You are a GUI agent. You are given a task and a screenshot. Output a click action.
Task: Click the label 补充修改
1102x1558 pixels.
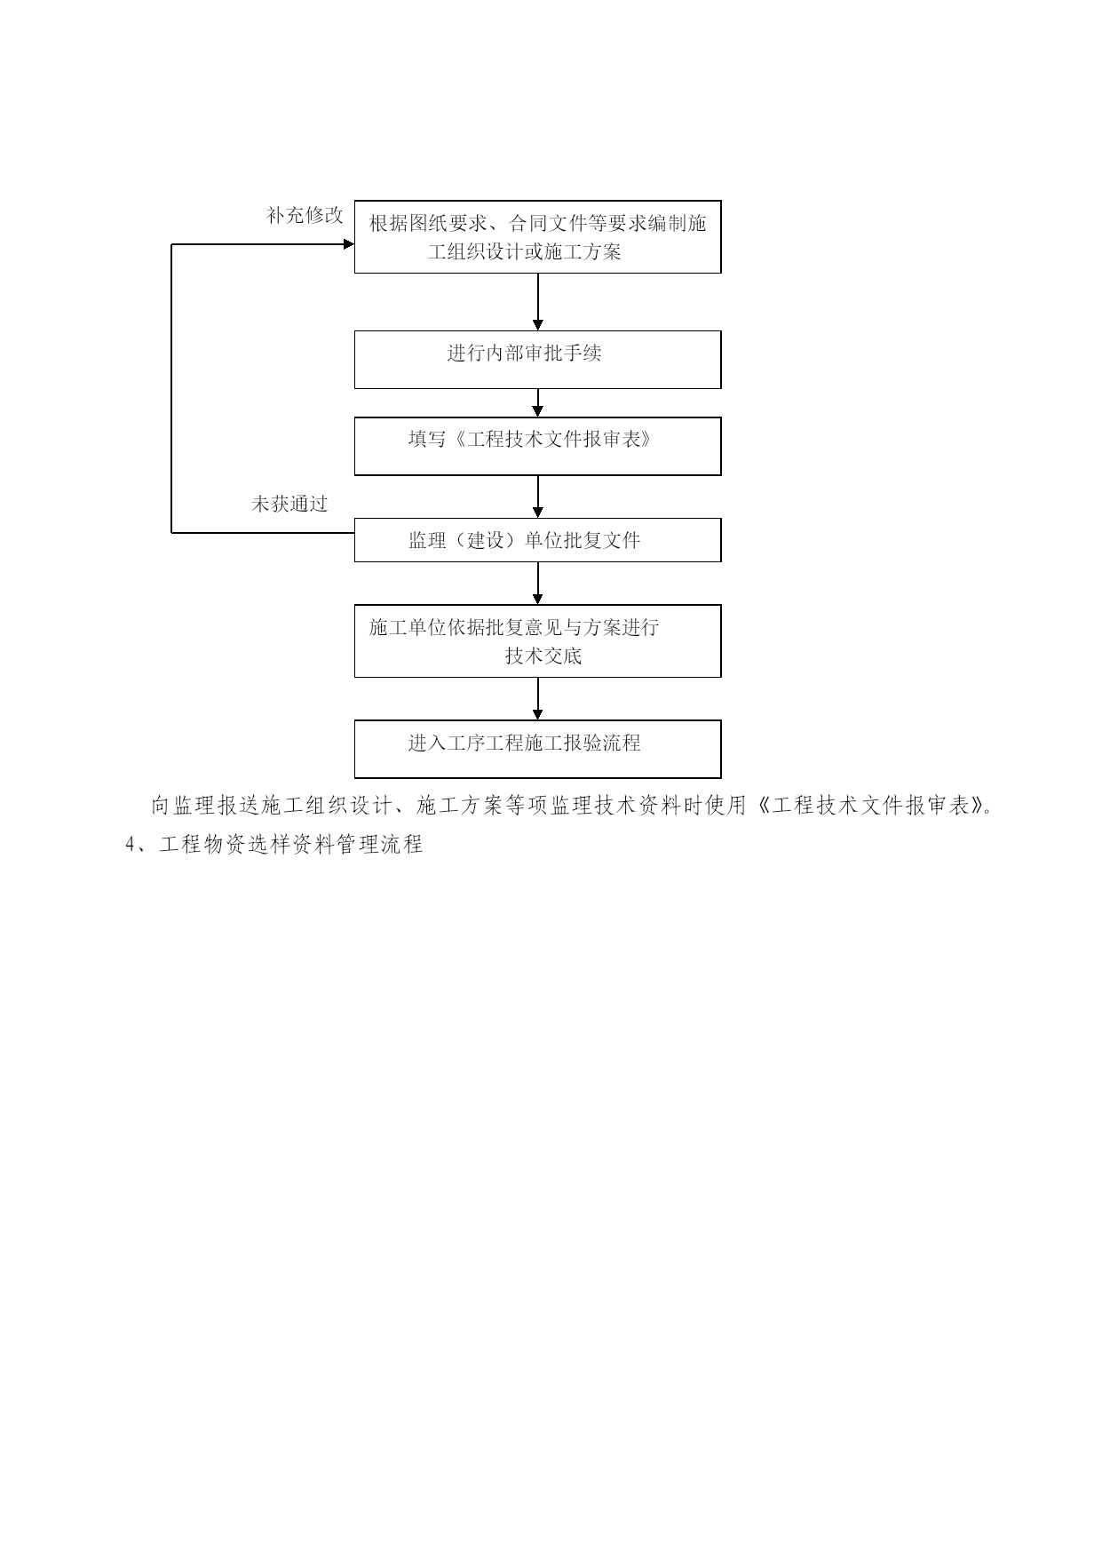point(305,216)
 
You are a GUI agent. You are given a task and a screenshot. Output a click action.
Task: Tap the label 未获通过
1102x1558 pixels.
point(289,505)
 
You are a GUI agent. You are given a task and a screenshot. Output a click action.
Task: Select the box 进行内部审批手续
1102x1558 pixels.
point(537,360)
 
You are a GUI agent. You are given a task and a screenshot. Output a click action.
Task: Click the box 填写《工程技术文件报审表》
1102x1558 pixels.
point(537,446)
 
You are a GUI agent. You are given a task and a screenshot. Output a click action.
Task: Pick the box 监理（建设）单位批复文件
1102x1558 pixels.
point(537,540)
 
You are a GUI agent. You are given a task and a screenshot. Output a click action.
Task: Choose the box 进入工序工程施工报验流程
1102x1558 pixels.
point(537,749)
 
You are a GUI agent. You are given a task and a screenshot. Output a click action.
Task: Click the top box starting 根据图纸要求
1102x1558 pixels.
point(537,236)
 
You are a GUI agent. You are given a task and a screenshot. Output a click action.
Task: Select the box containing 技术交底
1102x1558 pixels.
point(537,640)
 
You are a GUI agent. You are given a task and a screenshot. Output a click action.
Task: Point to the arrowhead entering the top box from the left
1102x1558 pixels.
point(349,244)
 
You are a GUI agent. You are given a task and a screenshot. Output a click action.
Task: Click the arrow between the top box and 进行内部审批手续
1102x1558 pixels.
point(537,302)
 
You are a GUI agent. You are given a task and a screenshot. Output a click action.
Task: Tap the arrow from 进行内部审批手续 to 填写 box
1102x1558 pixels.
point(537,403)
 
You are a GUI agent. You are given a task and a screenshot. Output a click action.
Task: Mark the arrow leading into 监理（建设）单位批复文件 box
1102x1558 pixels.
point(537,497)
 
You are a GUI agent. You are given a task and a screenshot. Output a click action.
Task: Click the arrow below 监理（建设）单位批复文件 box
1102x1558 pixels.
point(537,584)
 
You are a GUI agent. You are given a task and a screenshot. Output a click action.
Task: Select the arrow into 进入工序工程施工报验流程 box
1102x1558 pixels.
point(537,698)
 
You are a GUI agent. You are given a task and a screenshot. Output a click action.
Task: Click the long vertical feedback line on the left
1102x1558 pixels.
point(171,388)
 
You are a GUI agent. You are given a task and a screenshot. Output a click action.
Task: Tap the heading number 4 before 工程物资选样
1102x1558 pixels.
point(131,845)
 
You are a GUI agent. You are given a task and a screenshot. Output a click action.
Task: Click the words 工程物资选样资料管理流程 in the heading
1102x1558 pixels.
point(291,844)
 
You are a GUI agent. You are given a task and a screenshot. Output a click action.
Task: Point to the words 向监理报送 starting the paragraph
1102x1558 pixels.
point(204,806)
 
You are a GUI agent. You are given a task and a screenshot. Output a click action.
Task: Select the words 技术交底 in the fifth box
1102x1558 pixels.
point(543,656)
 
